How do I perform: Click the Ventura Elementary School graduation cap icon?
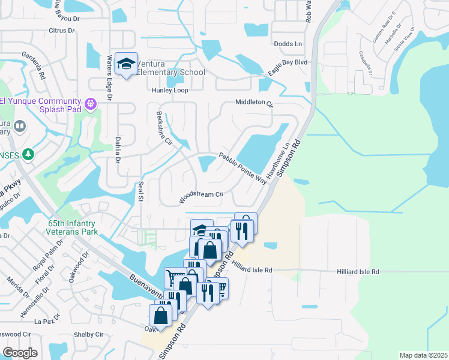click(126, 64)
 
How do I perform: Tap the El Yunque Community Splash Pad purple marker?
click(91, 104)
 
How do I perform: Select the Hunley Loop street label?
click(170, 91)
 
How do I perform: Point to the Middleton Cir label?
click(254, 103)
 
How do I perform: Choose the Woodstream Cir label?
click(201, 194)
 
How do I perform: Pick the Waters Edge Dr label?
click(110, 77)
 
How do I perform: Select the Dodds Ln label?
click(288, 44)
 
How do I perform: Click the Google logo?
click(20, 352)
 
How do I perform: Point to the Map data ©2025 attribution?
click(423, 355)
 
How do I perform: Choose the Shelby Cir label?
click(89, 335)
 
